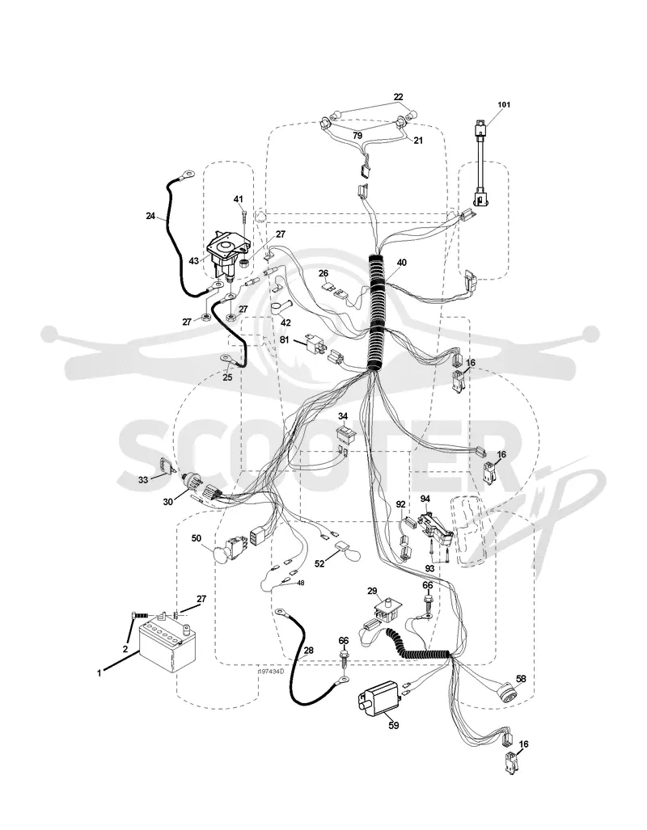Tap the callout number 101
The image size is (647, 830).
pos(503,105)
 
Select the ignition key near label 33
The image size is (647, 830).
pos(165,466)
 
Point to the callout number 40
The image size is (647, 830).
pos(402,263)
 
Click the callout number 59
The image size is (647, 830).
pos(394,726)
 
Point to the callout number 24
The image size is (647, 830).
pos(151,216)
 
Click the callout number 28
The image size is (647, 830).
pos(308,650)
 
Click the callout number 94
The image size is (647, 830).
pos(425,499)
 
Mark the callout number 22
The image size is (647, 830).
pos(398,97)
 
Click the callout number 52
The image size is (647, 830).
pos(319,564)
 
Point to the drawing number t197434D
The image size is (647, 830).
pos(271,672)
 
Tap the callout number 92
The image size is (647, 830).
pos(400,504)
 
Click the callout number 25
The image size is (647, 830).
pos(228,378)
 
